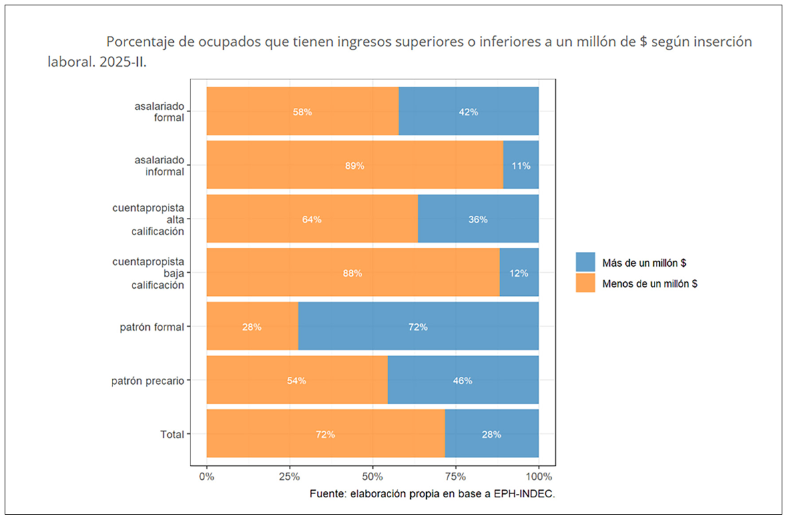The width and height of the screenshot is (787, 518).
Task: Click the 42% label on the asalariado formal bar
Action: coord(468,112)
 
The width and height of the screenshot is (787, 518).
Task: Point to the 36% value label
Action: coord(478,219)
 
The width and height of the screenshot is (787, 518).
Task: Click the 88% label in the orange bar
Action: coord(353,273)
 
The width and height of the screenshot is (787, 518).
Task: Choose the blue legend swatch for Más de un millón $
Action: coord(585,262)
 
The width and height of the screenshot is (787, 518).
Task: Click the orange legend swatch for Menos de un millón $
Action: coord(585,283)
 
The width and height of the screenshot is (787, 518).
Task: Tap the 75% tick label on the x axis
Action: coord(455,477)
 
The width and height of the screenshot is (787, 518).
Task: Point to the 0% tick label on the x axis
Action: coord(207,477)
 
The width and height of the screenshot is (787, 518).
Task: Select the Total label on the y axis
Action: coord(172,435)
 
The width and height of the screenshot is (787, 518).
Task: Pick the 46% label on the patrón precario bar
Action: coord(463,381)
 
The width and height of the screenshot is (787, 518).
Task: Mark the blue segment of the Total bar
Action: coord(491,435)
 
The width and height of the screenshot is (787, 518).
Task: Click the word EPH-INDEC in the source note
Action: coord(522,494)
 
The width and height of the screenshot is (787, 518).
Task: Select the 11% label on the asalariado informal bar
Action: coord(521,166)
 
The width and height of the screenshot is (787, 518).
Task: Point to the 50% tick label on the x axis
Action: coord(373,477)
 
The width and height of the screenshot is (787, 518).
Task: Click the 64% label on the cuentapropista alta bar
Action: coord(312,219)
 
